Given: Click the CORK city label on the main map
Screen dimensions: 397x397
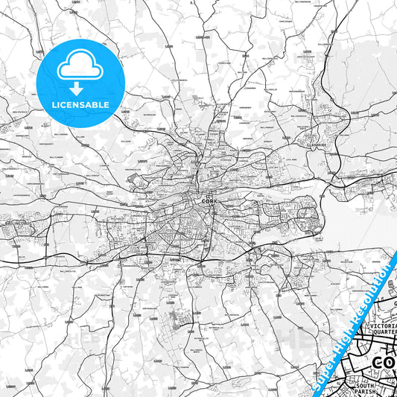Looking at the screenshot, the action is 208,200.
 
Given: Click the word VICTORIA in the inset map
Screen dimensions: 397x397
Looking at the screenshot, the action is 384,325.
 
